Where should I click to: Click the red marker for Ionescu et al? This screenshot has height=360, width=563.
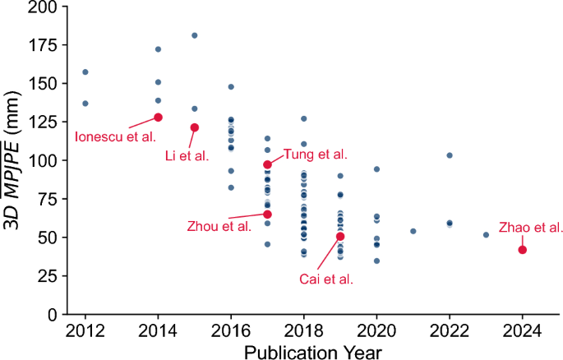158,118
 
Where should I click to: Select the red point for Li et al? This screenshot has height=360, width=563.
195,127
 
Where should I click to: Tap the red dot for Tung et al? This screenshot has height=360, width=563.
267,164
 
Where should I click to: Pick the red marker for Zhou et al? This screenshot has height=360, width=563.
267,215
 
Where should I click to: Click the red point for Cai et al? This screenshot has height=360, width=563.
340,237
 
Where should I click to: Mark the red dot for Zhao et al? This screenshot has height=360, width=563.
523,250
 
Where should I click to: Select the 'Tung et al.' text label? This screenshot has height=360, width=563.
315,154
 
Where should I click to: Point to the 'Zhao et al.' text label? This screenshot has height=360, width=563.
531,227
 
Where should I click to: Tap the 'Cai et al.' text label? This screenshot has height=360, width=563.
326,279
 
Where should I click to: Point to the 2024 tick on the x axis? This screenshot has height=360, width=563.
523,330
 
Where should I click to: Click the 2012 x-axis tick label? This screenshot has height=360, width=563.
85,330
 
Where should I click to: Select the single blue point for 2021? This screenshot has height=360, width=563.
413,231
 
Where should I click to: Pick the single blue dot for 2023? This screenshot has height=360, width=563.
486,235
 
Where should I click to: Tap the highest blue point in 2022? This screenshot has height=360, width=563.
450,155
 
